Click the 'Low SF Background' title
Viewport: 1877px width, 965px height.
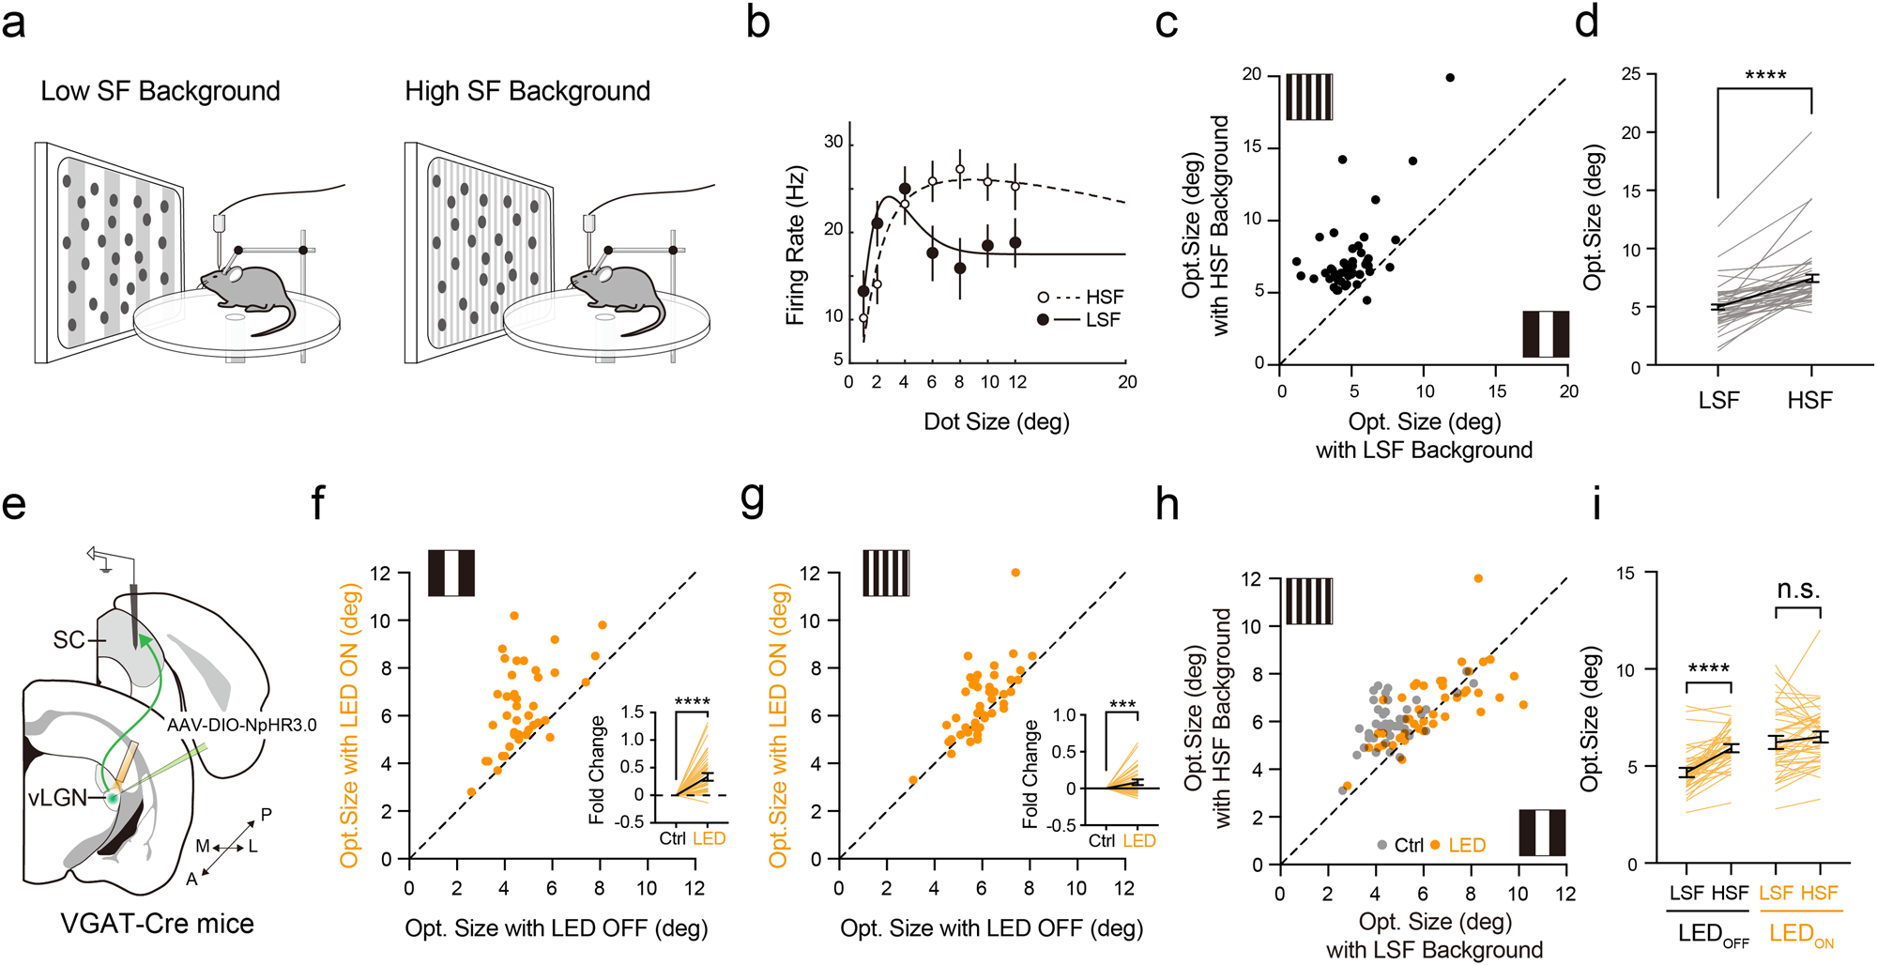pyautogui.click(x=160, y=91)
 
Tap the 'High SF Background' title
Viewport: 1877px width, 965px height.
pyautogui.click(x=527, y=91)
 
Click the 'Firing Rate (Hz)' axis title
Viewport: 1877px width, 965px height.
pyautogui.click(x=796, y=246)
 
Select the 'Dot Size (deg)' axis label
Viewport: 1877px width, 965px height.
pyautogui.click(x=997, y=421)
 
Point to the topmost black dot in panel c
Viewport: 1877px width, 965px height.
pyautogui.click(x=1450, y=78)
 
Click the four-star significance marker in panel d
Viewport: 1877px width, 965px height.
pyautogui.click(x=1764, y=75)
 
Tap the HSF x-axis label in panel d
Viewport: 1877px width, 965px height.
pyautogui.click(x=1809, y=401)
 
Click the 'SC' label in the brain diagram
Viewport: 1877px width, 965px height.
pyautogui.click(x=69, y=640)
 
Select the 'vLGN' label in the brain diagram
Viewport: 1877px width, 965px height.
pyautogui.click(x=57, y=798)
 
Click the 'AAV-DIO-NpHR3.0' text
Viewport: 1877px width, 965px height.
pyautogui.click(x=242, y=726)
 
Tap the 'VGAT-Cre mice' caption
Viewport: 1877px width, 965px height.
pyautogui.click(x=158, y=924)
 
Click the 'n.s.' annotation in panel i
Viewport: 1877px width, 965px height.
pyautogui.click(x=1798, y=590)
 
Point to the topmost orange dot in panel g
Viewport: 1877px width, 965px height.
pyautogui.click(x=1015, y=573)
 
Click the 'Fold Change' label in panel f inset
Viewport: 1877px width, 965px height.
pyautogui.click(x=597, y=770)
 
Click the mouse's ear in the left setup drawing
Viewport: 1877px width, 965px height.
pyautogui.click(x=236, y=275)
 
